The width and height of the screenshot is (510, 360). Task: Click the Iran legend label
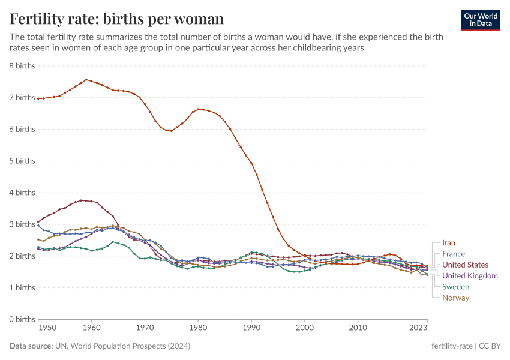(x=448, y=243)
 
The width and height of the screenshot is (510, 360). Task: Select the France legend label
(x=453, y=254)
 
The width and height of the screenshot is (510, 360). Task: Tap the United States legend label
(x=465, y=265)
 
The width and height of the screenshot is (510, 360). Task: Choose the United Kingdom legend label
(x=470, y=275)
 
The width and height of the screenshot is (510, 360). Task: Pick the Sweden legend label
(x=455, y=287)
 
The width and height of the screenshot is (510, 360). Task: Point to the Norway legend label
(x=455, y=298)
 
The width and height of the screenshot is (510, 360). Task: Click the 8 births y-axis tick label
(x=22, y=65)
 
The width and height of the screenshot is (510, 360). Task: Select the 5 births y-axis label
(x=22, y=161)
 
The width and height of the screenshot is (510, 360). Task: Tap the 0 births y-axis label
(x=22, y=319)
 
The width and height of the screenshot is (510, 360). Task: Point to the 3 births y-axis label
(x=22, y=224)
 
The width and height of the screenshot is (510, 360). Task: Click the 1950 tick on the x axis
(x=47, y=328)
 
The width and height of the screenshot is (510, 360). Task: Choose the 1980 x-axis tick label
(x=198, y=328)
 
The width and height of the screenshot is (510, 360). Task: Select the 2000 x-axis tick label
(x=305, y=328)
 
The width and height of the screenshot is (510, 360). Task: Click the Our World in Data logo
(x=480, y=20)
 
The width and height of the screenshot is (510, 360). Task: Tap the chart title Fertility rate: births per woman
(x=116, y=19)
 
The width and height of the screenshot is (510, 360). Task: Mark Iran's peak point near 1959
(x=86, y=79)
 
